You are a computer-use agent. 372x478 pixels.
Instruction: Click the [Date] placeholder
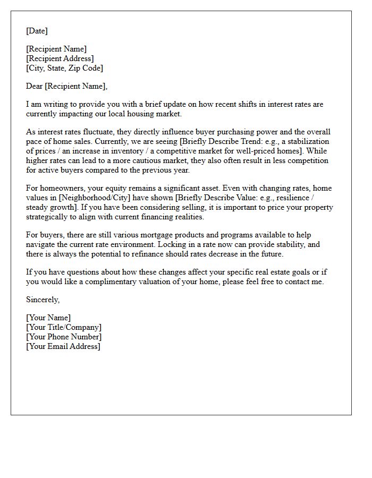[37, 31]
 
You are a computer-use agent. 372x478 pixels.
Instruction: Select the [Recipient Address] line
[60, 58]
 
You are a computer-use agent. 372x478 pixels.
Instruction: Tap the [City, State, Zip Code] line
[64, 68]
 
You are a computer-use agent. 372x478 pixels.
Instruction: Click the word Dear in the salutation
[35, 86]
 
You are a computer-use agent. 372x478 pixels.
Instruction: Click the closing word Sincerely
[43, 300]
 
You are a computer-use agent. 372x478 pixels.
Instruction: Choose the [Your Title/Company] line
[64, 327]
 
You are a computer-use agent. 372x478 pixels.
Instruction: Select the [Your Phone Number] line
[64, 337]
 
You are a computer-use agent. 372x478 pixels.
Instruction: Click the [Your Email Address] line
[63, 346]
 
